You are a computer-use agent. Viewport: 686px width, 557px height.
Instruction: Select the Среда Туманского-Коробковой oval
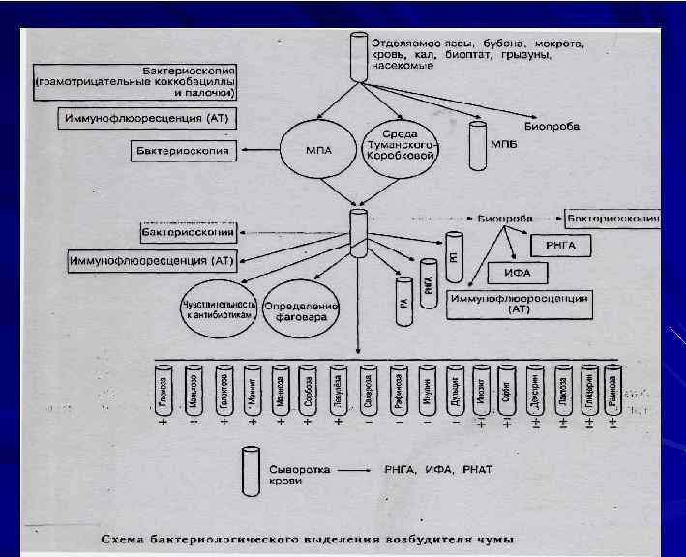tap(399, 150)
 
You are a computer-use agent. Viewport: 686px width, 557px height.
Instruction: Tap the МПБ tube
tap(477, 144)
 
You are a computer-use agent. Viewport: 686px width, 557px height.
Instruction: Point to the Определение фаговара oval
tap(302, 308)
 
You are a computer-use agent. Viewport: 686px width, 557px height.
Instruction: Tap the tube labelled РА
tap(402, 294)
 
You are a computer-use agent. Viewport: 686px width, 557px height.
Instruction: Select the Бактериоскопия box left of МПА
tap(185, 150)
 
